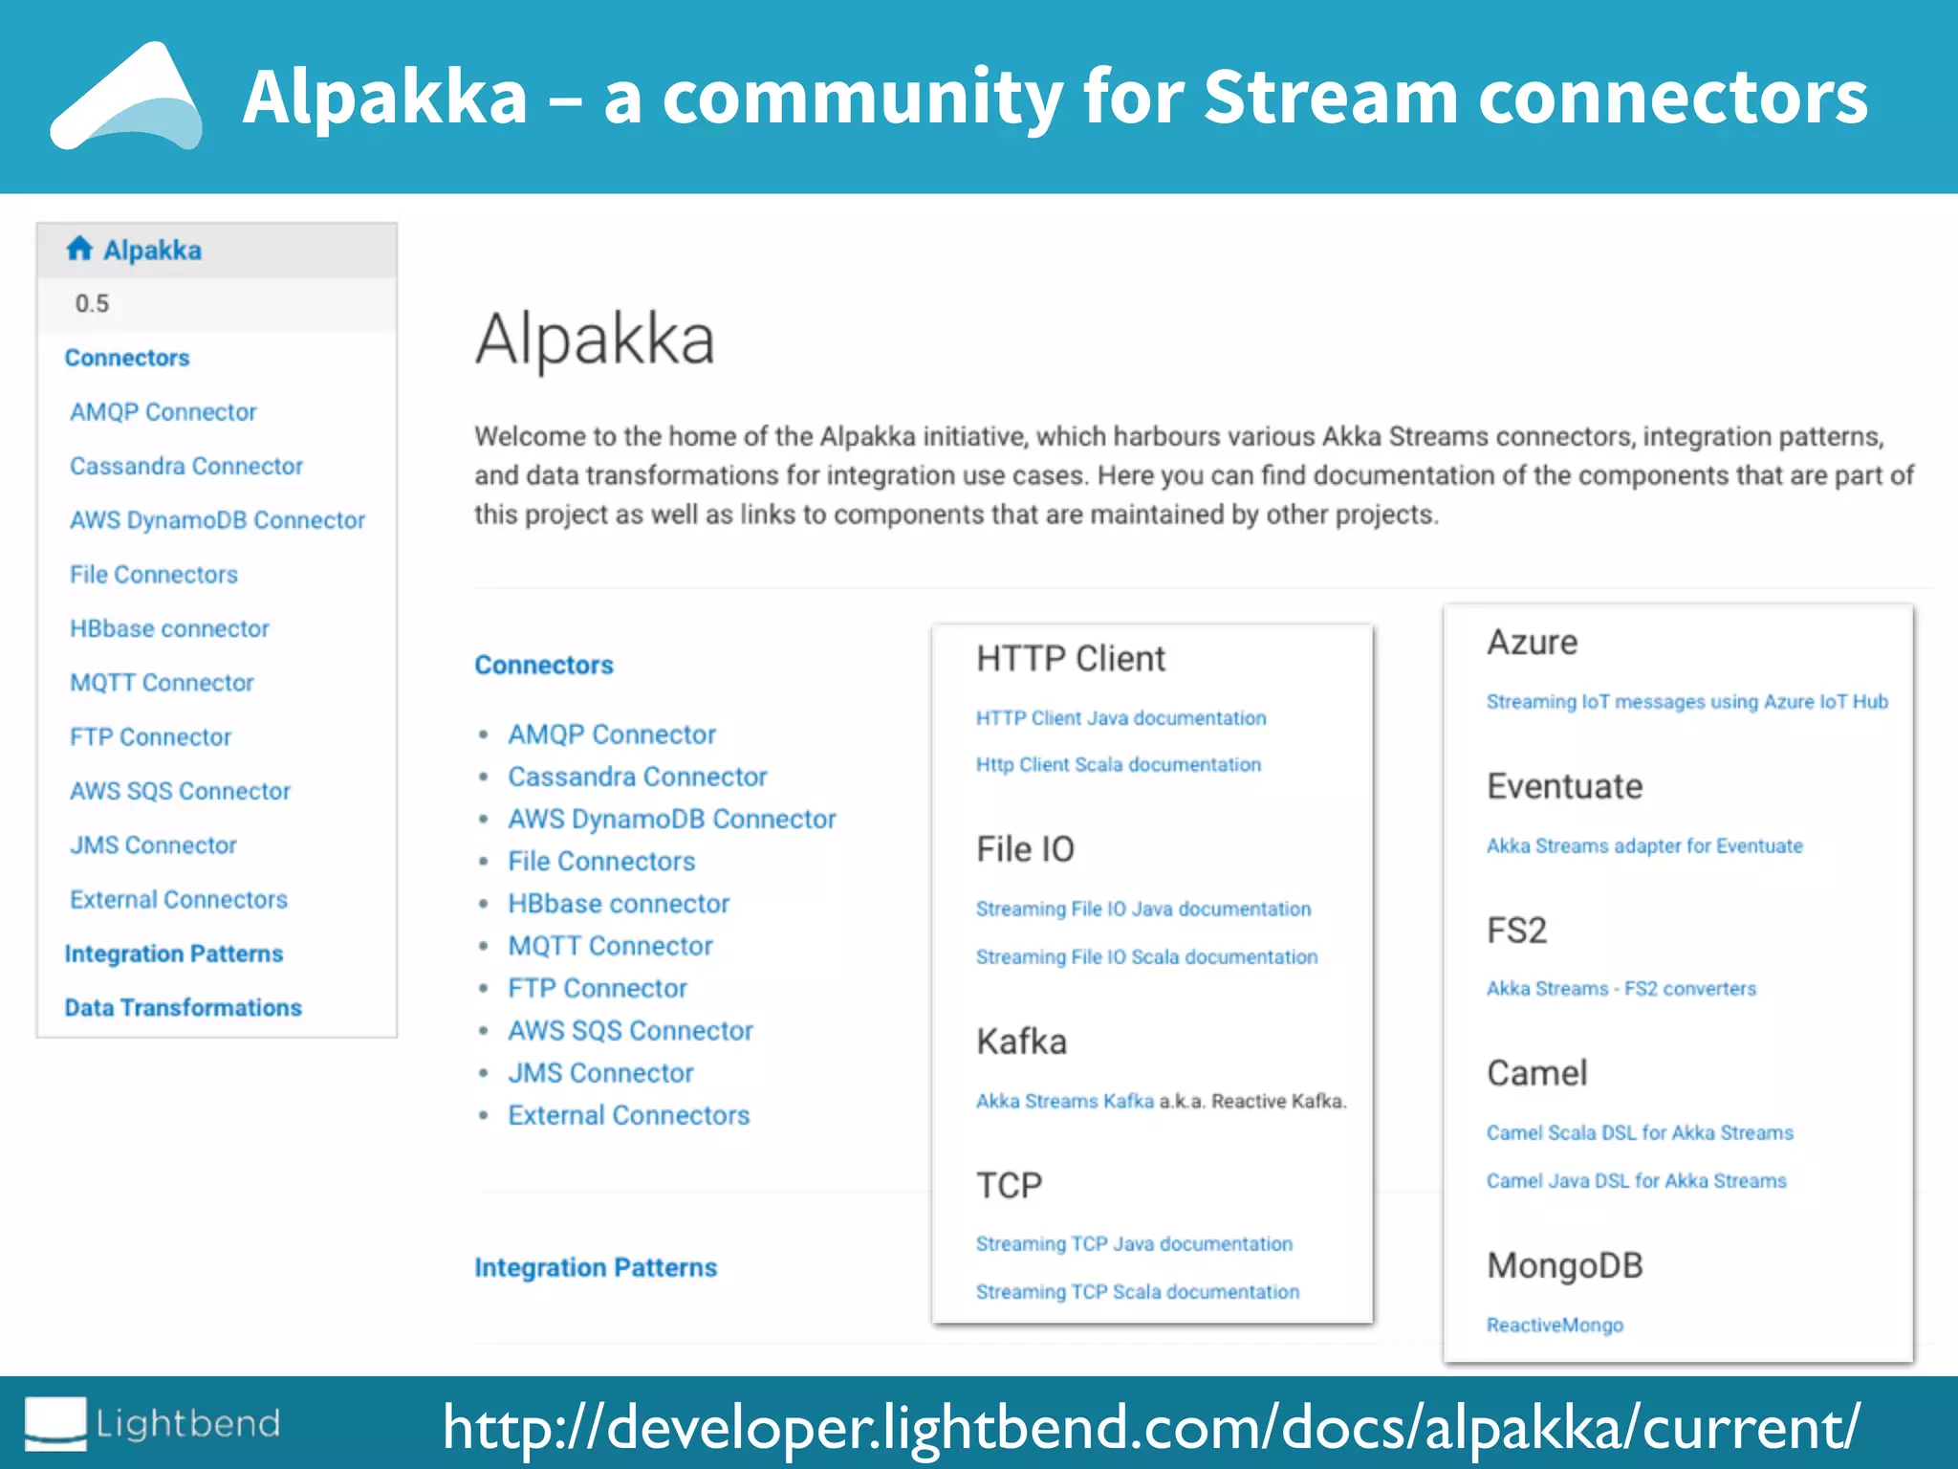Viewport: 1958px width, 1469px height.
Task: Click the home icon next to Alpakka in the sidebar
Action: tap(79, 250)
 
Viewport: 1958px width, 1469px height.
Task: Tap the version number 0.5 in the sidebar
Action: tap(92, 304)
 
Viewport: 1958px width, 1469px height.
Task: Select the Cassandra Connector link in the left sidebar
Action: tap(186, 467)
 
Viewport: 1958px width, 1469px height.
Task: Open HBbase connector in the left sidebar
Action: tap(169, 629)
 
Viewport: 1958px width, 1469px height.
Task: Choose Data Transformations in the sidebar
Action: tap(183, 1008)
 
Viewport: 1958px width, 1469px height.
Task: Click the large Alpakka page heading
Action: tap(595, 340)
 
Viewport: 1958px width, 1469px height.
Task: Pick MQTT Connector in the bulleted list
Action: tap(610, 947)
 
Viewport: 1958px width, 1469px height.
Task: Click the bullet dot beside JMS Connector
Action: tap(484, 1074)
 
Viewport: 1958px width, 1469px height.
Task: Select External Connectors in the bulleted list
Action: tap(628, 1116)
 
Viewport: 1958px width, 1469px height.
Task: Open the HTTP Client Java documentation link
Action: tap(1120, 718)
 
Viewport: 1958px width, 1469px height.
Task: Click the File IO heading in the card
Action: tap(1025, 849)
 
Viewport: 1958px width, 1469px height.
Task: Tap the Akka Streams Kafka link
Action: tap(1064, 1102)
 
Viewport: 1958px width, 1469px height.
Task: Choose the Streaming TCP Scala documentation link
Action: tap(1137, 1292)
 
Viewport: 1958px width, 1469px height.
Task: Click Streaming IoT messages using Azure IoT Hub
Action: tap(1686, 702)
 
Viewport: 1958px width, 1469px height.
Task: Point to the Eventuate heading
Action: tap(1564, 787)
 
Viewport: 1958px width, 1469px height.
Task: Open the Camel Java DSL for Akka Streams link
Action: tap(1636, 1181)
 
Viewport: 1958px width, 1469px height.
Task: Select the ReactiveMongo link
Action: tap(1555, 1326)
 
